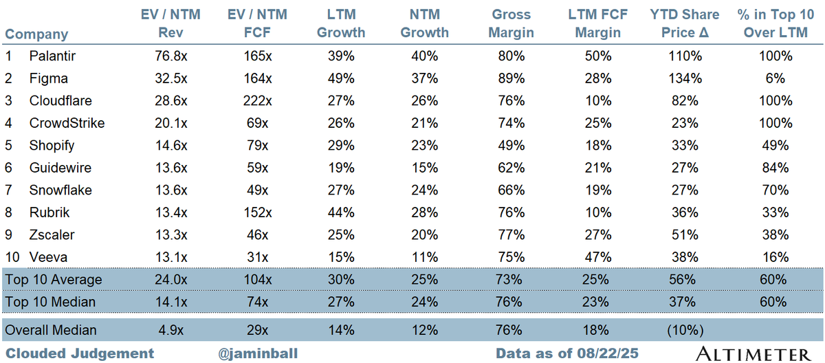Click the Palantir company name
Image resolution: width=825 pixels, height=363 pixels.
click(x=52, y=56)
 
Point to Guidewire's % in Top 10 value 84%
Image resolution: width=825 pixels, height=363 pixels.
click(x=775, y=168)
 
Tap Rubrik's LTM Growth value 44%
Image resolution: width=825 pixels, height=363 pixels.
click(x=341, y=212)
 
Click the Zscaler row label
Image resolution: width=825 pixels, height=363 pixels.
click(x=52, y=234)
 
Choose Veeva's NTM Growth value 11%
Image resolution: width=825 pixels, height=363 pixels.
click(x=424, y=257)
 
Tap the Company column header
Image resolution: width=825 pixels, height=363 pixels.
click(x=36, y=34)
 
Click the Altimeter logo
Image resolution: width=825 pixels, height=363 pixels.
click(x=753, y=353)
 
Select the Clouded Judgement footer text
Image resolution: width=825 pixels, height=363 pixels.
click(x=79, y=353)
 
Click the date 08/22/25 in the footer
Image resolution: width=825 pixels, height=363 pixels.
click(x=608, y=353)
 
